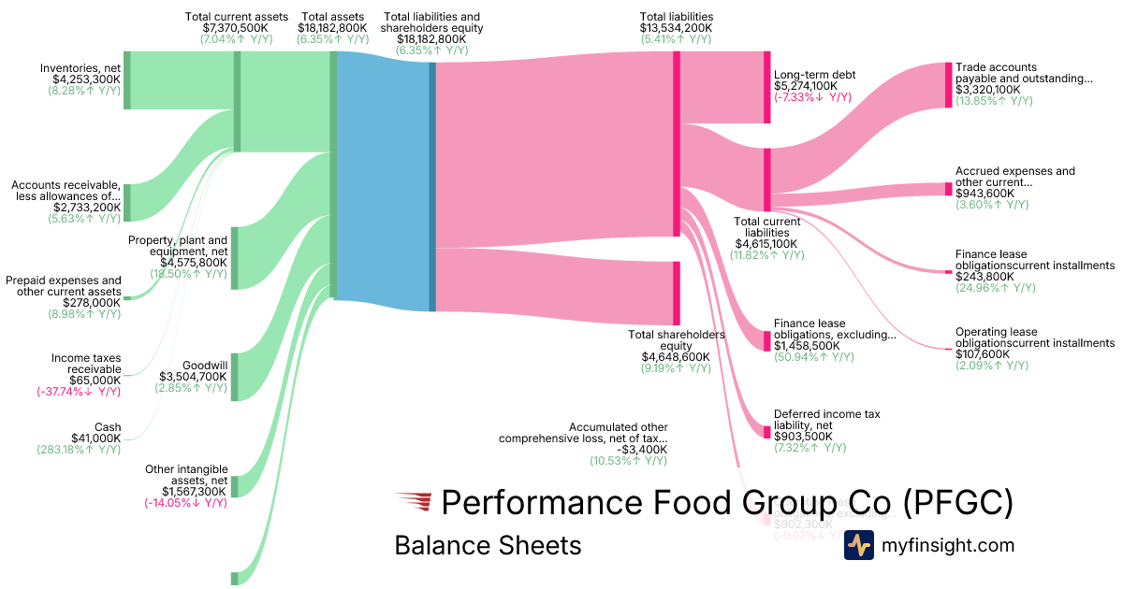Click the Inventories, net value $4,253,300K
pyautogui.click(x=86, y=79)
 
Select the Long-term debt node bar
pyautogui.click(x=766, y=87)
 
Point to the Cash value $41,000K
pyautogui.click(x=96, y=438)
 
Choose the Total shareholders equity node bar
pyautogui.click(x=677, y=293)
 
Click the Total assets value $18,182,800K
pyautogui.click(x=332, y=28)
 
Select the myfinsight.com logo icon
pyautogui.click(x=858, y=545)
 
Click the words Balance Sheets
pyautogui.click(x=488, y=545)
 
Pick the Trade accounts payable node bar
pyautogui.click(x=948, y=85)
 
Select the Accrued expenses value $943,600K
pyautogui.click(x=985, y=193)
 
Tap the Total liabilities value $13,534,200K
pyautogui.click(x=676, y=28)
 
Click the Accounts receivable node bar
pyautogui.click(x=127, y=203)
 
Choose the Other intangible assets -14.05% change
pyautogui.click(x=185, y=502)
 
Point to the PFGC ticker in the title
pyautogui.click(x=958, y=503)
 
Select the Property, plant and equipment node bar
pyautogui.click(x=234, y=257)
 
